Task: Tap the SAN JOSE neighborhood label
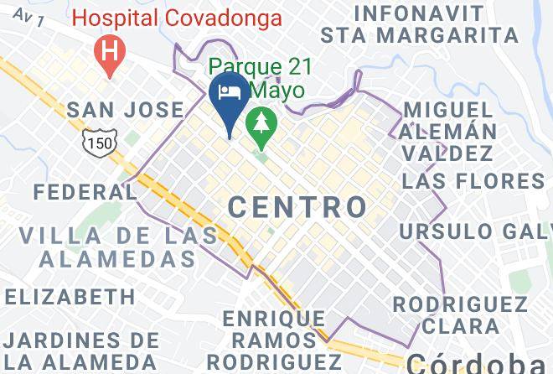tap(124, 110)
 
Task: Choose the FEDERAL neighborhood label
tap(85, 192)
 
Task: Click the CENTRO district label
tap(297, 206)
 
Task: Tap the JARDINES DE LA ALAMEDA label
tap(81, 351)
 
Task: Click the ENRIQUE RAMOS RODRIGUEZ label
tap(274, 340)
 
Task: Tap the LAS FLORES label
tap(473, 182)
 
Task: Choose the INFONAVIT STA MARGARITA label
tap(419, 23)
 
